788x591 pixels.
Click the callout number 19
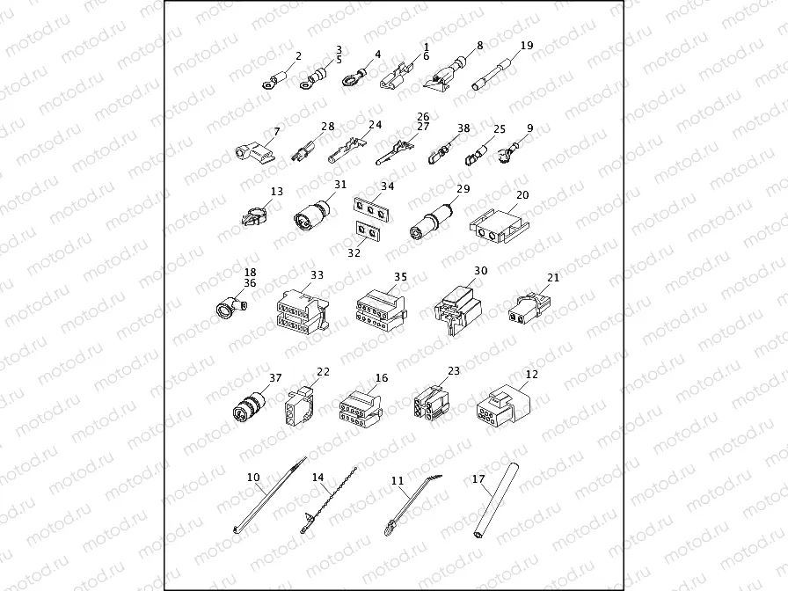(527, 45)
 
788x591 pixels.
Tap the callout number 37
(275, 378)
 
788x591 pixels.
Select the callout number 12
(531, 374)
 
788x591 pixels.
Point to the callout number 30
(480, 272)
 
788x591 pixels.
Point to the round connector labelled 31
(313, 216)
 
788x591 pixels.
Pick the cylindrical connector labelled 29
(430, 223)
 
